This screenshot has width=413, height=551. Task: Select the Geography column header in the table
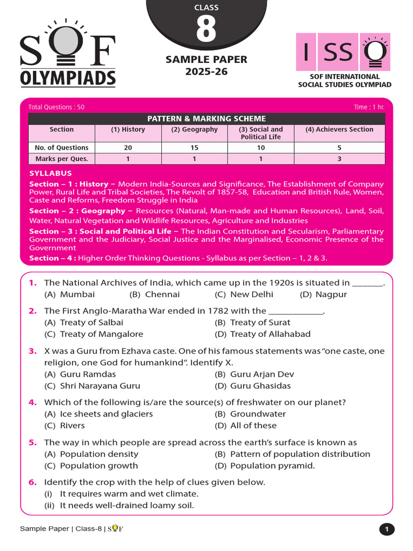click(194, 130)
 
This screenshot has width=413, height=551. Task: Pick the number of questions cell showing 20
click(133, 147)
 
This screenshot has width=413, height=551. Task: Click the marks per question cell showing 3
click(339, 159)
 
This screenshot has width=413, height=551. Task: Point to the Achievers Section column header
click(339, 130)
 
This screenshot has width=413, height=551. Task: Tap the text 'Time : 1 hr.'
click(369, 107)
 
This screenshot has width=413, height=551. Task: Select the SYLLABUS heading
click(50, 173)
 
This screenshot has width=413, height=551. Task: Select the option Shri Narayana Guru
click(100, 386)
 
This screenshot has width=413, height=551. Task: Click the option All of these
click(253, 426)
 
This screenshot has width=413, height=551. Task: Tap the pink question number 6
click(33, 482)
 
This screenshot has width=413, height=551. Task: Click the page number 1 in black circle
click(387, 529)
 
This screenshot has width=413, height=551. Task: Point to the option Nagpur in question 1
click(331, 294)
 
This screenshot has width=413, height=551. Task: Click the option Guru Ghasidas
click(260, 386)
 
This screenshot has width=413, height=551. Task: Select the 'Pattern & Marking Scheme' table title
click(206, 118)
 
